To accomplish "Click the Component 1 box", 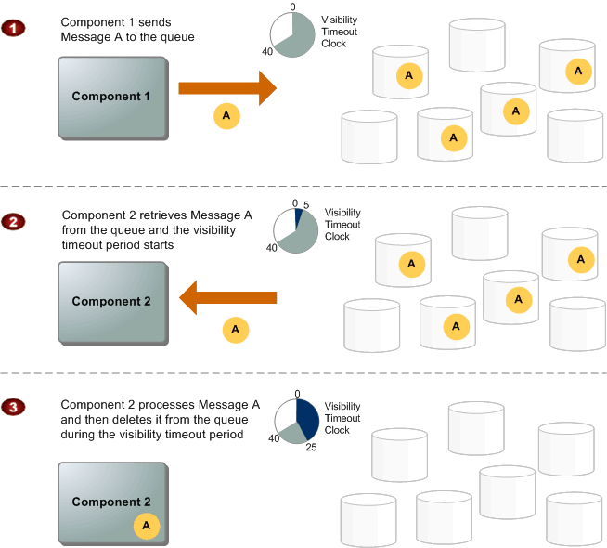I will pos(112,98).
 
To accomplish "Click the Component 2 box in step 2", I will pos(112,302).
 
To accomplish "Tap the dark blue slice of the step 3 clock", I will pos(308,418).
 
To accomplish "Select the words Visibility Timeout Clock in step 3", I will pos(342,418).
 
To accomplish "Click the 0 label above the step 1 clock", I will pos(294,7).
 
